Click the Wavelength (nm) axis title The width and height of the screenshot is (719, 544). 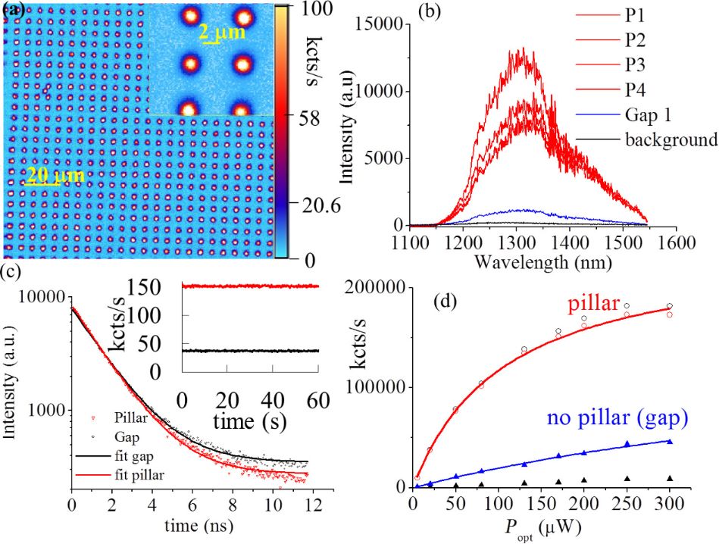[546, 263]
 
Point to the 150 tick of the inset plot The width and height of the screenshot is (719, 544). [161, 286]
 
